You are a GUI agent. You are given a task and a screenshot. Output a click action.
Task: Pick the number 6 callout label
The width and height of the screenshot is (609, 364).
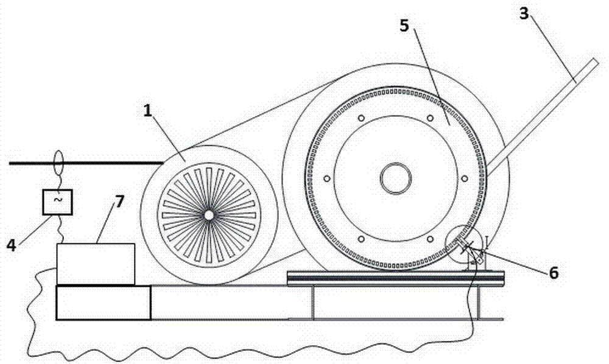[553, 273]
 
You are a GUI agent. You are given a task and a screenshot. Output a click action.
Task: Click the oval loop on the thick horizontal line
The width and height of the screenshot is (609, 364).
[58, 163]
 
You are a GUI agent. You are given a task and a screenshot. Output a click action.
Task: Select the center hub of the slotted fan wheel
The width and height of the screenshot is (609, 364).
[208, 215]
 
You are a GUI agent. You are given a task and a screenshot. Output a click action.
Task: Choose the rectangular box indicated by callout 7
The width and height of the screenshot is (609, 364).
[96, 264]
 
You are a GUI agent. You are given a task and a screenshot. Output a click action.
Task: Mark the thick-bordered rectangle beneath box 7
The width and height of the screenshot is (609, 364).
[103, 302]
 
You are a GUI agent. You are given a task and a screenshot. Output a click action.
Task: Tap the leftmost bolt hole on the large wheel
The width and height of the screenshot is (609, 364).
[327, 178]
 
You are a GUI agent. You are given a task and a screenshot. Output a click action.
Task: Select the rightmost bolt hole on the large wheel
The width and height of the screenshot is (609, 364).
[465, 178]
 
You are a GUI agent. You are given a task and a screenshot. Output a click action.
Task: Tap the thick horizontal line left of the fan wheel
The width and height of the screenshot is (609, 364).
[85, 163]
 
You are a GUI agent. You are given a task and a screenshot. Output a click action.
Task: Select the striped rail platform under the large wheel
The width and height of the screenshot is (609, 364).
[396, 278]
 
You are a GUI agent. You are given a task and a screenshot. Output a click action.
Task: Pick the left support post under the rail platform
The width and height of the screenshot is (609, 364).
[313, 301]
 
